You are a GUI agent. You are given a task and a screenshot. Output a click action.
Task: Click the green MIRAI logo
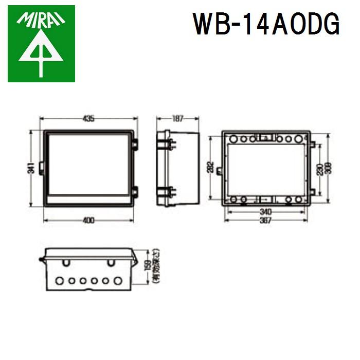tap(41, 43)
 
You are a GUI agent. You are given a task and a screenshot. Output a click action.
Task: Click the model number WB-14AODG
tap(266, 24)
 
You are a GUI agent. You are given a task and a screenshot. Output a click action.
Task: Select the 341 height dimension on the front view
tap(31, 168)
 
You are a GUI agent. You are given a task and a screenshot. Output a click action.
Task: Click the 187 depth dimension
tap(177, 119)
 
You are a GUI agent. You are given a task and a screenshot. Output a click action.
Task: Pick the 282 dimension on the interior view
tap(211, 168)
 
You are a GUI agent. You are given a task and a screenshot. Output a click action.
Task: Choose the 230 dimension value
tap(319, 169)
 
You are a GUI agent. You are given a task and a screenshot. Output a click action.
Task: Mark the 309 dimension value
tap(328, 169)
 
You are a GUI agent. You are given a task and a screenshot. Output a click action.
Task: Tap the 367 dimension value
tap(265, 220)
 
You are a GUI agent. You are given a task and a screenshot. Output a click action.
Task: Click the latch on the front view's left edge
tap(41, 168)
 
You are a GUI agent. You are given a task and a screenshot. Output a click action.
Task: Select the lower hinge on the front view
tap(135, 193)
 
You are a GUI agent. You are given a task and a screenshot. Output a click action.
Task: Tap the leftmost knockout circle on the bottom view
tap(59, 281)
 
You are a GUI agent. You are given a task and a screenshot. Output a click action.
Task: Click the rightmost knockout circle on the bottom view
tap(118, 281)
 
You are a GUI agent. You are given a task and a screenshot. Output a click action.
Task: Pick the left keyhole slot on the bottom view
tap(66, 263)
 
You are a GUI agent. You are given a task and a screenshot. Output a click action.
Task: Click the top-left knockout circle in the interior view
tap(233, 139)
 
